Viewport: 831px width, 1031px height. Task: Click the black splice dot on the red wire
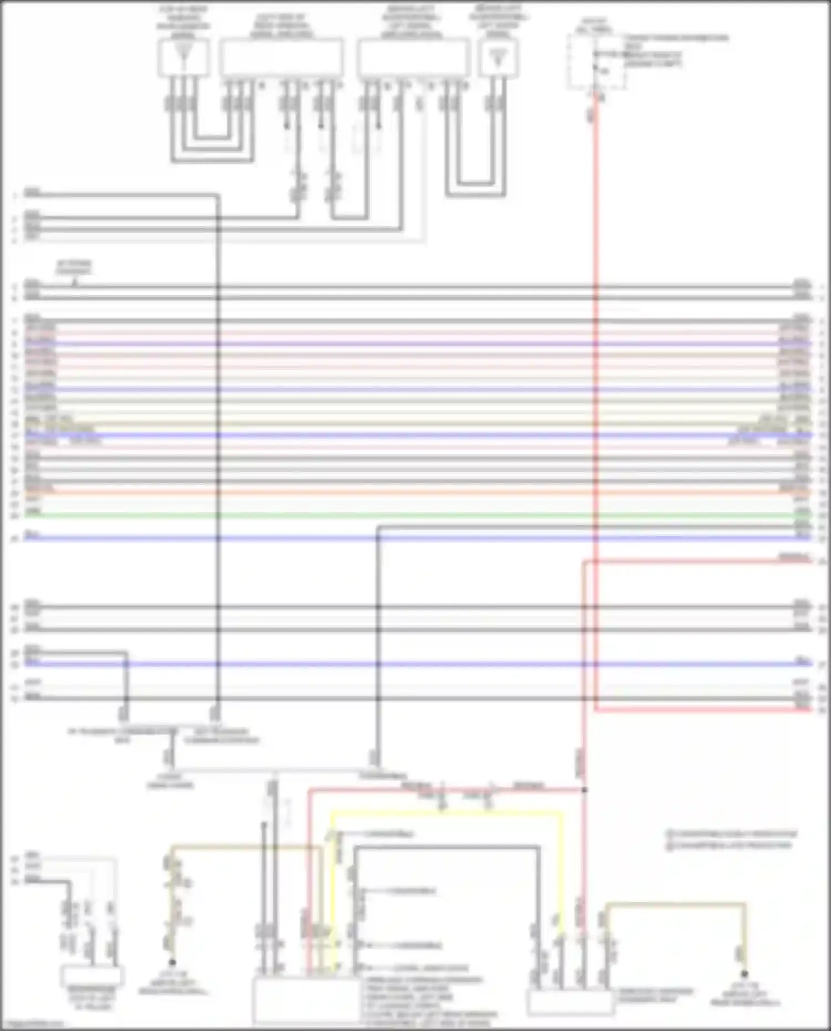[584, 790]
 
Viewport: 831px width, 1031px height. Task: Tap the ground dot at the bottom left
[172, 962]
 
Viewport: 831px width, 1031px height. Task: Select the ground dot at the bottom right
[744, 973]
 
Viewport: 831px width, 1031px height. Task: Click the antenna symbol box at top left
[183, 58]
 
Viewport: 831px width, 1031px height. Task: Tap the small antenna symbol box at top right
[499, 58]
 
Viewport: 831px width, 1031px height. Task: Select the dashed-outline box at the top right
[596, 61]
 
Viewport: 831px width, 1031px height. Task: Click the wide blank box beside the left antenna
[281, 58]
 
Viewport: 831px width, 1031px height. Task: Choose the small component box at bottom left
[92, 976]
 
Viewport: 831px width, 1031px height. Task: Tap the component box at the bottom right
[571, 1002]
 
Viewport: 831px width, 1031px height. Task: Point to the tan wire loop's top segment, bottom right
[676, 905]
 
